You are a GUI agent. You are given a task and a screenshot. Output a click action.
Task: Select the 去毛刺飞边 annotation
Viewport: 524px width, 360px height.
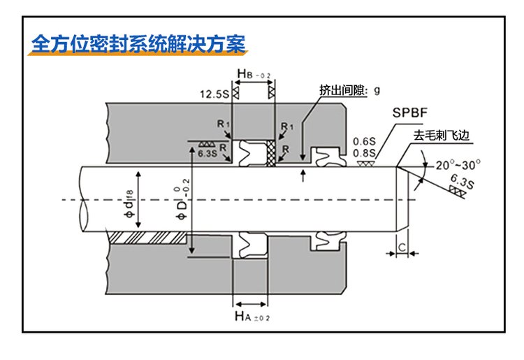[442, 135]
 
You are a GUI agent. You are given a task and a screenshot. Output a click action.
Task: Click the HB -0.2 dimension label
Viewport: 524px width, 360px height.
[253, 73]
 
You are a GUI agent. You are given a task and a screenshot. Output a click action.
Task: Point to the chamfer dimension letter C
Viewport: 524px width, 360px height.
[402, 245]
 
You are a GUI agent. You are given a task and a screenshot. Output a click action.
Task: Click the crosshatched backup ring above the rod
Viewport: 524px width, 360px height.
[269, 153]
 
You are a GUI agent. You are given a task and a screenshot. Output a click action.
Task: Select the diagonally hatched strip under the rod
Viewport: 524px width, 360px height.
[150, 238]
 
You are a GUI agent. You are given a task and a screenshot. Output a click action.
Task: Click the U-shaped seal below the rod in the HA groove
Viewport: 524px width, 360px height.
[251, 245]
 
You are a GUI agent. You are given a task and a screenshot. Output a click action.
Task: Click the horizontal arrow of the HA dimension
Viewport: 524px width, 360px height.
[251, 304]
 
